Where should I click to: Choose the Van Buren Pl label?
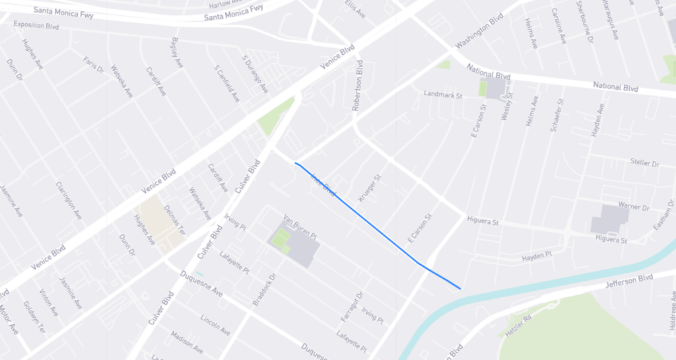(x=300, y=219)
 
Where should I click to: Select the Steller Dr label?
(x=645, y=162)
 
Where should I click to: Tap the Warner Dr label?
(x=634, y=207)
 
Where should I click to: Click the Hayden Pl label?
(x=536, y=255)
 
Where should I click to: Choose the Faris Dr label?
(x=94, y=65)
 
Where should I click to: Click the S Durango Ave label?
(x=255, y=75)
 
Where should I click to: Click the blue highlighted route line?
(x=370, y=225)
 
